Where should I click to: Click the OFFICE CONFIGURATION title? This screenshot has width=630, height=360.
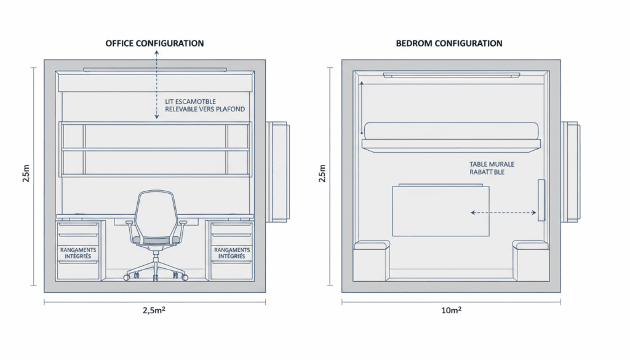click(154, 44)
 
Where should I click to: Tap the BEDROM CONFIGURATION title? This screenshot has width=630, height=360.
click(449, 44)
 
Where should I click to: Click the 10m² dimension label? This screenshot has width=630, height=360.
click(451, 311)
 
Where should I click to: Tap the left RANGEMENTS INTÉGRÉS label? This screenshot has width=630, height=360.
click(78, 252)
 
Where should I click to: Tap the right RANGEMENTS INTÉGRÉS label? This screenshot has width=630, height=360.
click(231, 252)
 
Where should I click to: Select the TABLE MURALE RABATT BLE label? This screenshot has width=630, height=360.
click(492, 169)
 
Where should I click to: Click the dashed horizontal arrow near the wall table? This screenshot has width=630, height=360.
click(503, 213)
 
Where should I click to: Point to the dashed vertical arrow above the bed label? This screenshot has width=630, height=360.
click(156, 86)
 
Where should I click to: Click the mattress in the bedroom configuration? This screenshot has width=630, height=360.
click(452, 130)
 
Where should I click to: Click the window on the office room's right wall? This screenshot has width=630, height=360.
click(277, 171)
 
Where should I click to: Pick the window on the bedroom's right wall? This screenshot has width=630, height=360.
click(571, 171)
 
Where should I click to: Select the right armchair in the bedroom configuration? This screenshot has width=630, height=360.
click(531, 260)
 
